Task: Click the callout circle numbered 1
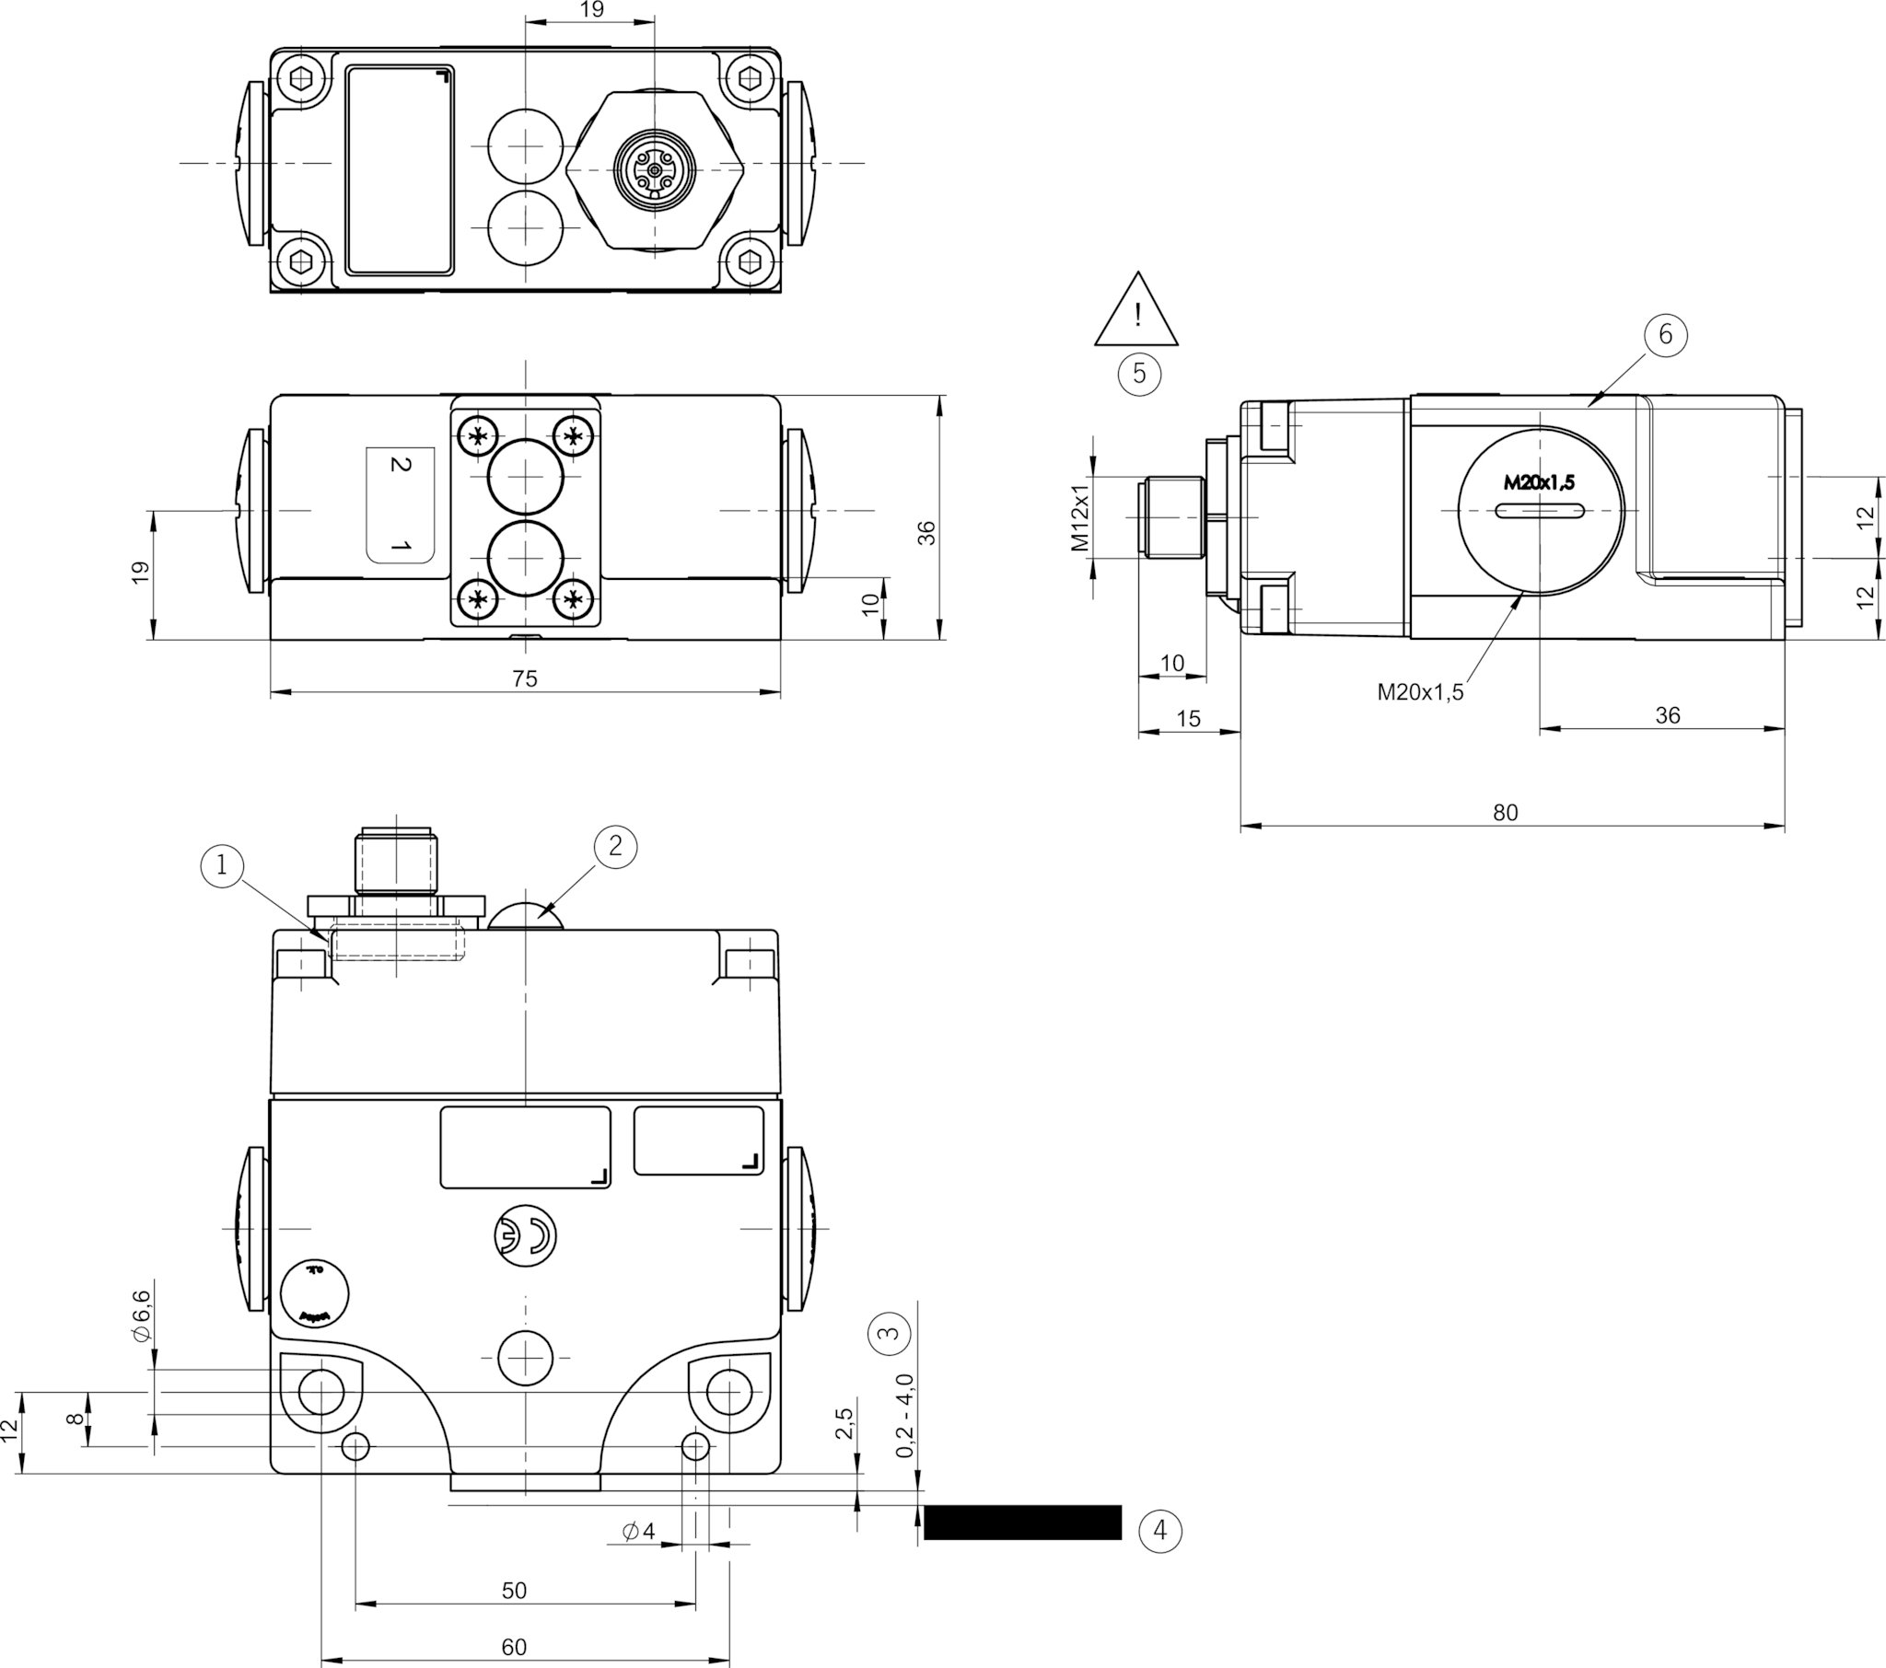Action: [x=220, y=865]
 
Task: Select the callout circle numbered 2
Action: [x=615, y=846]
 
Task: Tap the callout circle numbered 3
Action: [x=889, y=1333]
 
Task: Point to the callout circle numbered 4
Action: [x=1159, y=1531]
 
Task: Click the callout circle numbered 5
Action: [x=1138, y=374]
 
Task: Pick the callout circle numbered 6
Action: [x=1666, y=334]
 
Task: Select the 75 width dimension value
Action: [x=524, y=679]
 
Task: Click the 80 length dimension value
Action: [x=1505, y=813]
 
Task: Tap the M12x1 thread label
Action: [x=1080, y=517]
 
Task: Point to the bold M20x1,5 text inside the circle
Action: [x=1539, y=481]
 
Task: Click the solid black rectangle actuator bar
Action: [x=1022, y=1523]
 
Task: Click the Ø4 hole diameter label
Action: [x=638, y=1532]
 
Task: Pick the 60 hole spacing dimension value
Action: [x=514, y=1647]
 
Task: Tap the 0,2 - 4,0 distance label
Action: [x=905, y=1415]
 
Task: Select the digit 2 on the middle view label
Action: [x=400, y=464]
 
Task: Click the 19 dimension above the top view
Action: [x=591, y=9]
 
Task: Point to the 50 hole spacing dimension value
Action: [x=514, y=1591]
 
